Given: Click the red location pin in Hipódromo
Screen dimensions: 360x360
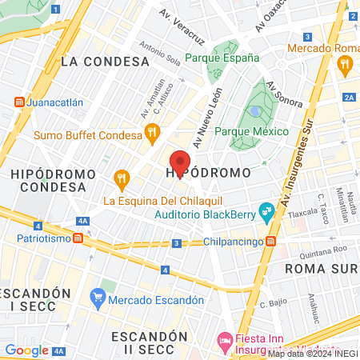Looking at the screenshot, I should click(x=180, y=162).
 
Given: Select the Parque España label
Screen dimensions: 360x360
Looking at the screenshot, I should click(x=222, y=58).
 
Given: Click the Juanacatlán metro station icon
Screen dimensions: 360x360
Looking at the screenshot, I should click(x=19, y=102).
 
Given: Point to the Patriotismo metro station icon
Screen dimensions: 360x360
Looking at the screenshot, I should click(x=78, y=238).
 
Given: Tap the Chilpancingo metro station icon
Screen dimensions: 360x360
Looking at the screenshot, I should click(x=272, y=241).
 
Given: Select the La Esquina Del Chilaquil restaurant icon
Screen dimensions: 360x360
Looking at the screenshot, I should click(x=122, y=178).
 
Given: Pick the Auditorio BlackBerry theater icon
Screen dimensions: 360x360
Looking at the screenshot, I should click(x=266, y=213).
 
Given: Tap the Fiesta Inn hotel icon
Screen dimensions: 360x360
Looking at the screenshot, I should click(x=226, y=342).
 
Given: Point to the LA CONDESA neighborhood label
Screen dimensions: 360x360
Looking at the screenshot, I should click(x=105, y=61).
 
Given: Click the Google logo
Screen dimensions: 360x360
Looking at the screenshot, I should click(x=26, y=350).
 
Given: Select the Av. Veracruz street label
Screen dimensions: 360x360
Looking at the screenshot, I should click(x=184, y=23).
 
